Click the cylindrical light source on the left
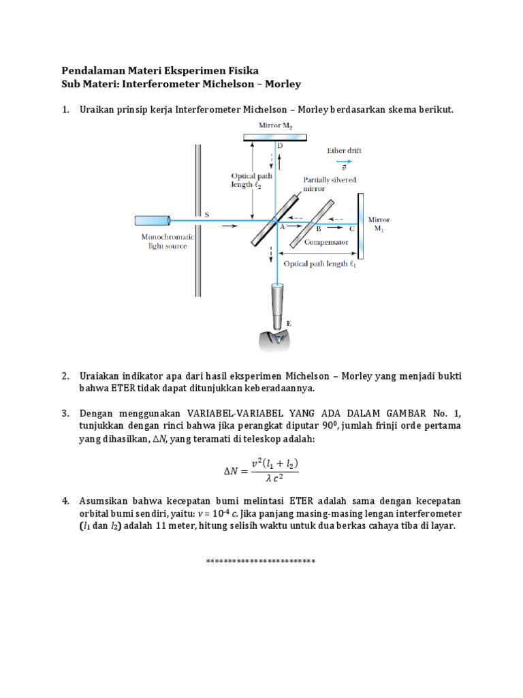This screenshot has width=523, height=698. (x=153, y=221)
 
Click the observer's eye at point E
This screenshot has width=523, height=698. (x=278, y=339)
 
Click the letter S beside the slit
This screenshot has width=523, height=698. (x=207, y=214)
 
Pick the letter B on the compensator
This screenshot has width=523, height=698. (x=317, y=230)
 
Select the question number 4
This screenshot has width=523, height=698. (x=65, y=501)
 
